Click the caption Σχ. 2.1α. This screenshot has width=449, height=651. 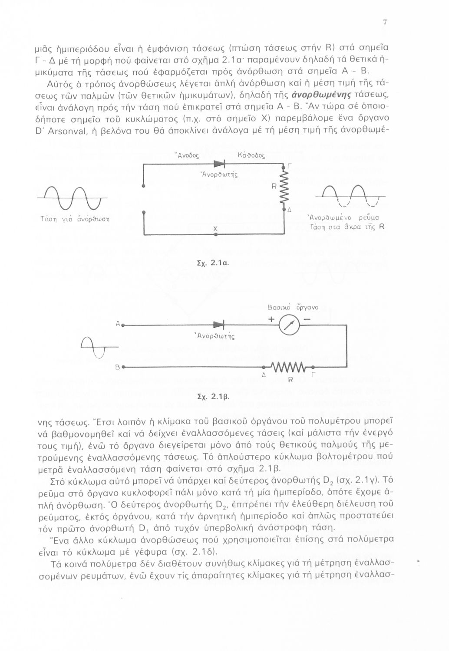[212, 263]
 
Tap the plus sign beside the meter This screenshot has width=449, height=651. [271, 319]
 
